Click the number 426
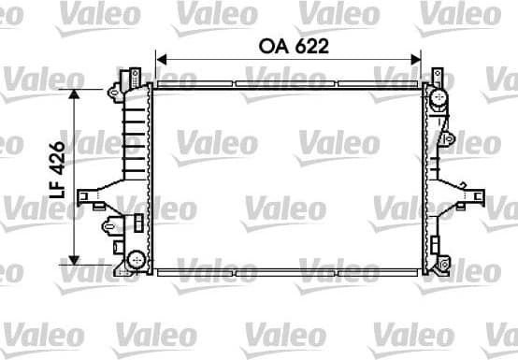point(58,159)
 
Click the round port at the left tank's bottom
point(136,257)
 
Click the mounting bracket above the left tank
point(134,75)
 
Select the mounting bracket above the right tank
point(435,74)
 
